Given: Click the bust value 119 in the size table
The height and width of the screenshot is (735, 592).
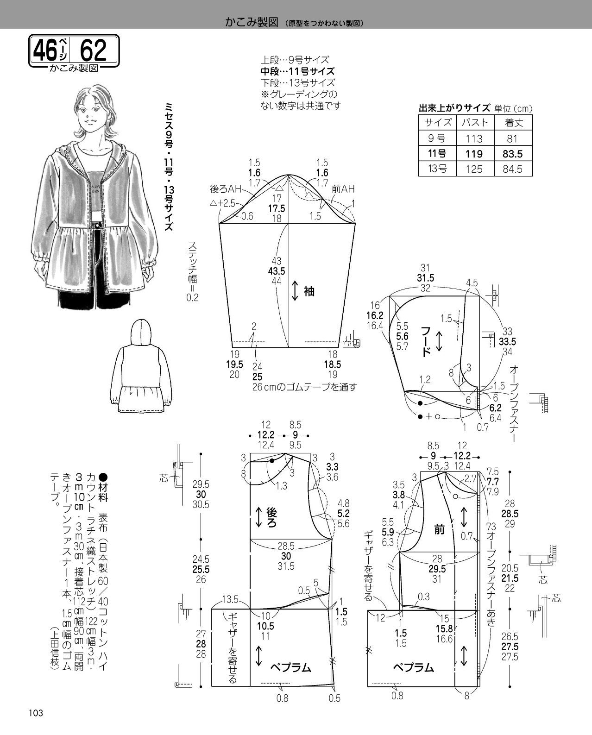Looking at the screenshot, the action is [x=474, y=154].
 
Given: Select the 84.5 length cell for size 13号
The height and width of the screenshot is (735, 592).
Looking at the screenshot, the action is [x=512, y=169].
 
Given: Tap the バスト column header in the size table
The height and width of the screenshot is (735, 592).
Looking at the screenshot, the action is [x=475, y=122].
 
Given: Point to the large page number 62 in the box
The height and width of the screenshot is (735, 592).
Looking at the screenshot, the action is [x=93, y=50].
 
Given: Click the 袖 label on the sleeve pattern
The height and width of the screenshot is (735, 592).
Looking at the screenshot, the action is [x=309, y=291].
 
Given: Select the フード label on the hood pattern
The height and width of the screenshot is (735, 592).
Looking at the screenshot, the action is [x=425, y=341].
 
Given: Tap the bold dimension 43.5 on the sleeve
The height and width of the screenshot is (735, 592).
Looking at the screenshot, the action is [x=277, y=271].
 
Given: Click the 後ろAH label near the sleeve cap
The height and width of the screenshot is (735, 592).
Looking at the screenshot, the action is [x=226, y=189].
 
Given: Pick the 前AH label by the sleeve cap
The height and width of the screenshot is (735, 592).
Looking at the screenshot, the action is [x=343, y=189].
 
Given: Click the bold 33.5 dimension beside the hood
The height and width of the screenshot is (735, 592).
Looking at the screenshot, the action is [x=507, y=341].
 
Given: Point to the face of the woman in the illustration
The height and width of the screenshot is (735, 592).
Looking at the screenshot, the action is [x=90, y=114].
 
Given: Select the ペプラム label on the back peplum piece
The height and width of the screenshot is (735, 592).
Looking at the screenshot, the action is [x=290, y=667].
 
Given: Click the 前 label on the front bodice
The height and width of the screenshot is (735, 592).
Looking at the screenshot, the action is [x=439, y=530].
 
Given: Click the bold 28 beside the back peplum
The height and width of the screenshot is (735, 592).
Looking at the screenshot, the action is [x=201, y=644].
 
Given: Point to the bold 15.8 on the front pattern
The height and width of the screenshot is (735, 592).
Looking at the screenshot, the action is [x=444, y=629].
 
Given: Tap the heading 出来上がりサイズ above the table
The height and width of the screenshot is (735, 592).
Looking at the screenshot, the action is [x=454, y=108].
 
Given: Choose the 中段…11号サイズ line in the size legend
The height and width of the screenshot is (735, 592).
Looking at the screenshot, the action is [x=297, y=71].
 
